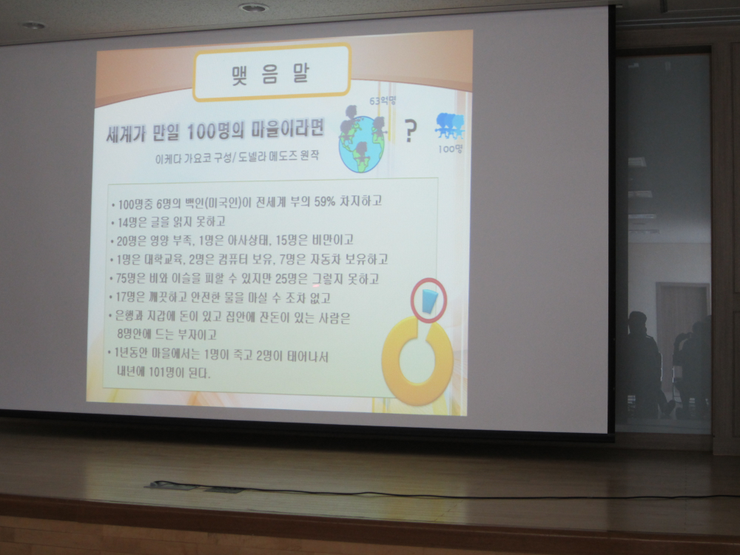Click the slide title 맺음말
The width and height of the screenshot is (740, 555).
271,73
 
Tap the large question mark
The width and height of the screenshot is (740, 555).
411,131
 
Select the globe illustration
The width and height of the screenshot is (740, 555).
362,144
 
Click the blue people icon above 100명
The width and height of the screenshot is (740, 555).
450,126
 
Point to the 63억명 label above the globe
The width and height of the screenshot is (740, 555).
383,101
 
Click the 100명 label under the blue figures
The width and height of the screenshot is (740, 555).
450,149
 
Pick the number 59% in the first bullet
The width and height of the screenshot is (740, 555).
325,201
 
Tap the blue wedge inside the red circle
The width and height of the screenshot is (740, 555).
429,301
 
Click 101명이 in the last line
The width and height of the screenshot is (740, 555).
166,372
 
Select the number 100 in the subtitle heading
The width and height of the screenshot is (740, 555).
201,132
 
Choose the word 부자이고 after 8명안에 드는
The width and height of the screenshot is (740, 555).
197,334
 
